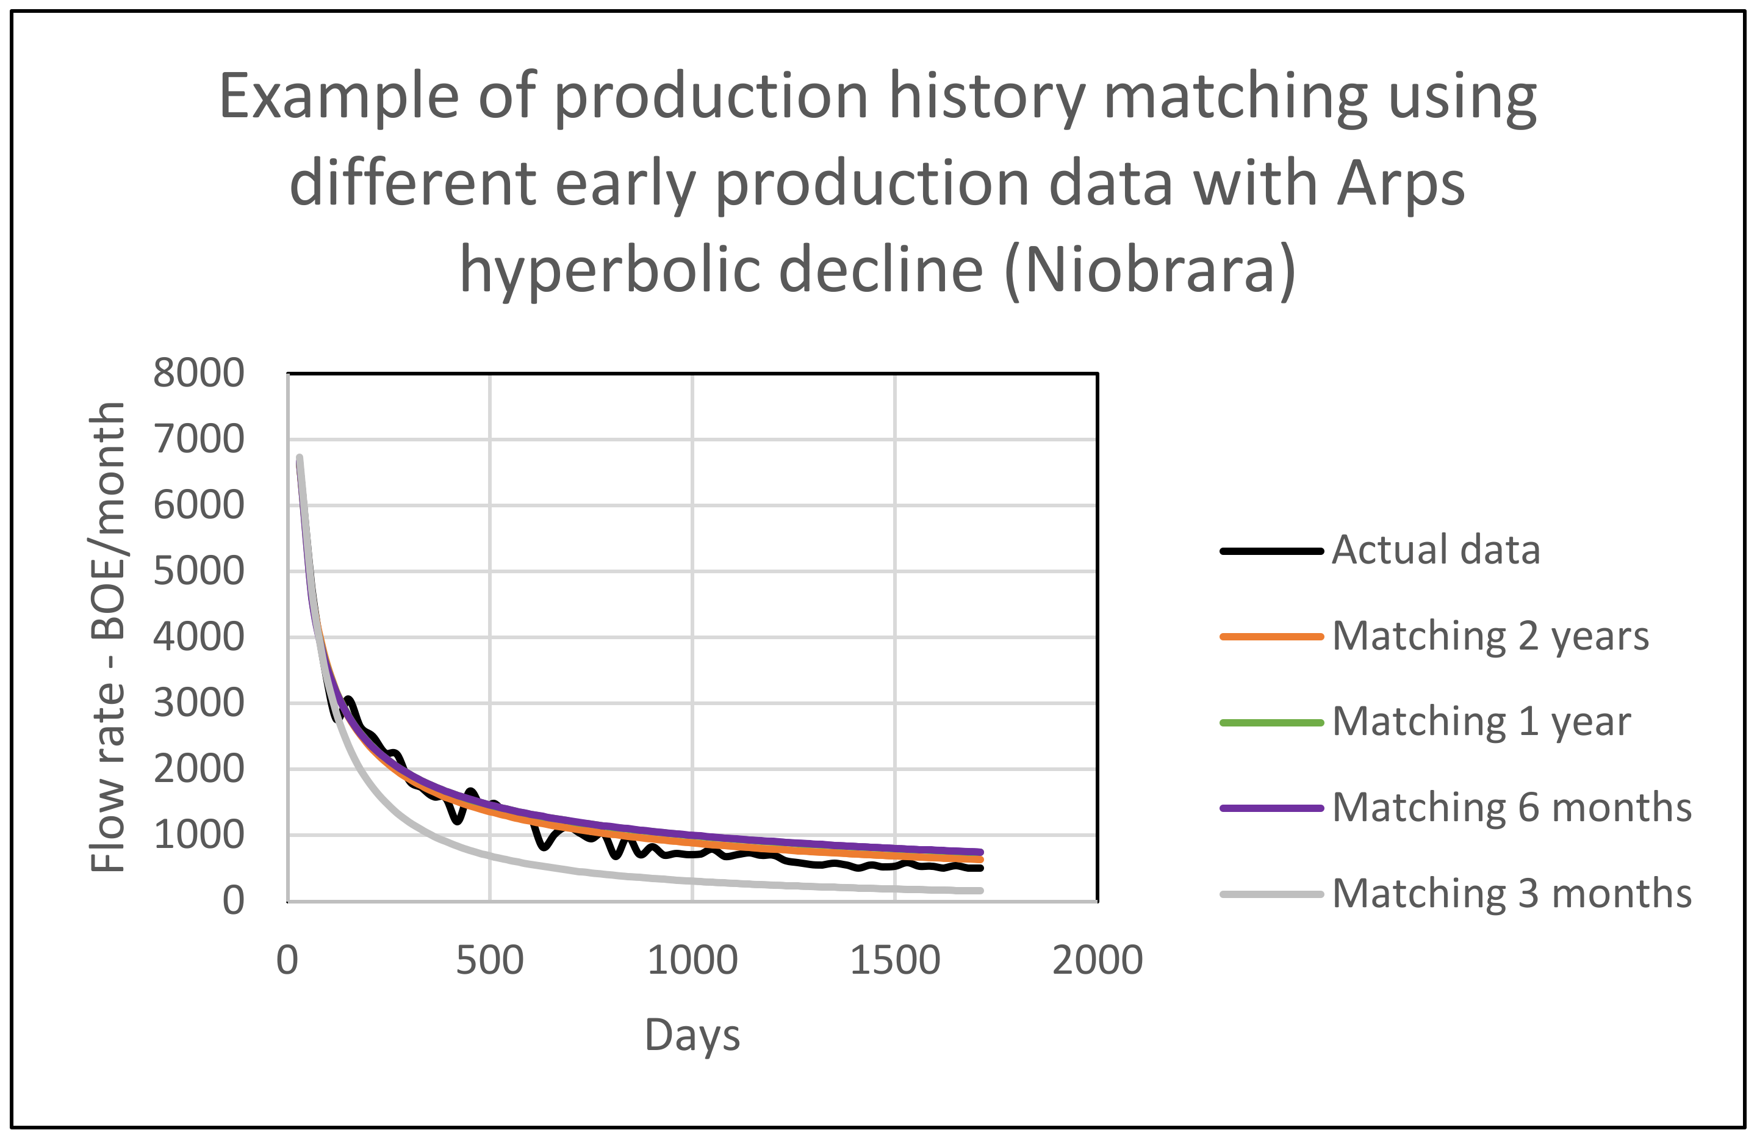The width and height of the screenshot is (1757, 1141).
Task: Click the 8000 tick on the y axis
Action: [198, 373]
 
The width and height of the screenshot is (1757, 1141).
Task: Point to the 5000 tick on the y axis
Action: [198, 571]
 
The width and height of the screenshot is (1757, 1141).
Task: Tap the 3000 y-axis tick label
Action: [198, 703]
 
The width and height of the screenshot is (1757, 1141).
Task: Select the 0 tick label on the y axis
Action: [233, 901]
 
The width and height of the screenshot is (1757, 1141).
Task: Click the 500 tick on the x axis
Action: [489, 961]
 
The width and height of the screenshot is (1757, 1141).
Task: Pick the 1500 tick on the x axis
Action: [895, 961]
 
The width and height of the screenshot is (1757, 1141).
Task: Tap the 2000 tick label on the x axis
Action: [1097, 961]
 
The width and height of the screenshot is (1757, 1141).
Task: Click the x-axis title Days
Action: [692, 1035]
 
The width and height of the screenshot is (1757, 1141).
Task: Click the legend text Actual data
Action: [1436, 550]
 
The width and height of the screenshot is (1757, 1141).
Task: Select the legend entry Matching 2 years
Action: [1490, 636]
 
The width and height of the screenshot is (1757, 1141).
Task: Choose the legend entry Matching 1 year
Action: [1481, 722]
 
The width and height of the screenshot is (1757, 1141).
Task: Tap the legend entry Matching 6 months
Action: [1511, 807]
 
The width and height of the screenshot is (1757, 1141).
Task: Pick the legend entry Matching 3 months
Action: [1511, 894]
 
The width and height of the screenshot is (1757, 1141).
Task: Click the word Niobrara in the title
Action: [1149, 270]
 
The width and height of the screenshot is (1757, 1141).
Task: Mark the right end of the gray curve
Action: [980, 891]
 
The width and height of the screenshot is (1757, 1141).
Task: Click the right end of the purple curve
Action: [980, 852]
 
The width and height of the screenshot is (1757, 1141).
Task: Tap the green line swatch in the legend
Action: [1271, 722]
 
